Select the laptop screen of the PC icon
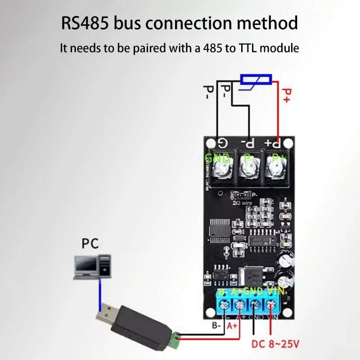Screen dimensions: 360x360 point(86,265)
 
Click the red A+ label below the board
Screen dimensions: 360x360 point(232,325)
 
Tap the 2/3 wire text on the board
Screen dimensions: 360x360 point(242,202)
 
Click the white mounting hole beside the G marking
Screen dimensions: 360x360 point(210,143)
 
